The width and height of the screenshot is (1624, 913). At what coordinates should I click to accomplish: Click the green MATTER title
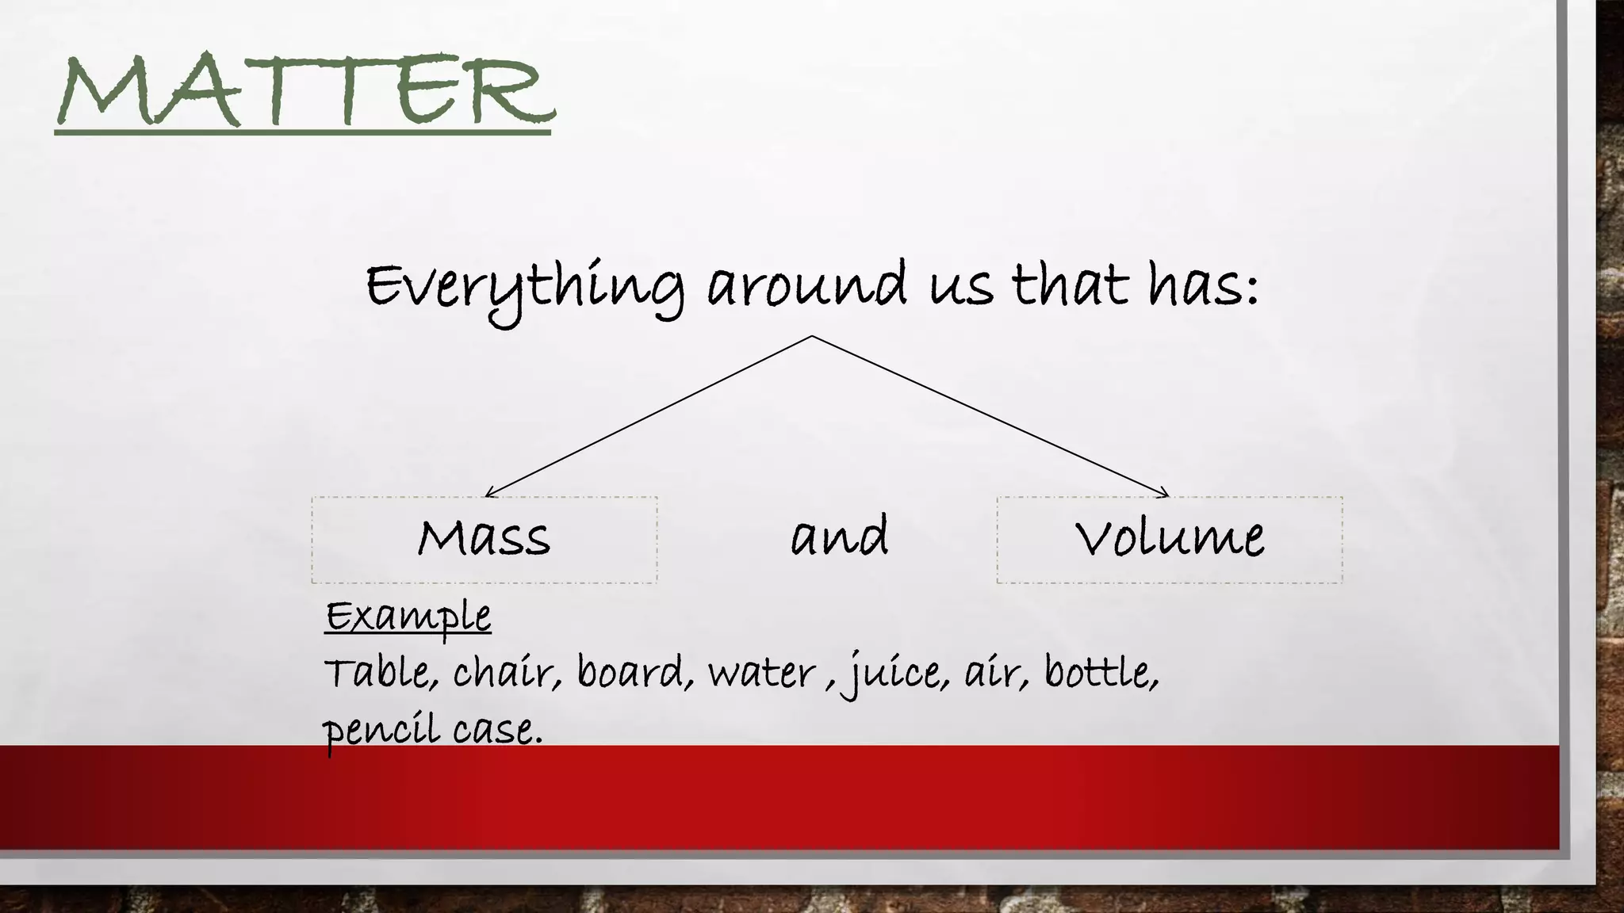(x=305, y=91)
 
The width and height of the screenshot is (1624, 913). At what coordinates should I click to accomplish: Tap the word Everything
(x=524, y=287)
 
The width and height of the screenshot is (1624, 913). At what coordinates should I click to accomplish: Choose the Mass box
(x=484, y=540)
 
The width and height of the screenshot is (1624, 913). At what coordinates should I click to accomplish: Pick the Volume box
(x=1169, y=540)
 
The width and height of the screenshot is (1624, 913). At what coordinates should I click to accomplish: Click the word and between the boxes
(x=839, y=537)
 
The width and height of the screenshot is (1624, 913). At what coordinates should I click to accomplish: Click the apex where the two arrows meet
(x=811, y=336)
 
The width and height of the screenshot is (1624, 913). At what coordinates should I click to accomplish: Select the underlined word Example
(x=408, y=617)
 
